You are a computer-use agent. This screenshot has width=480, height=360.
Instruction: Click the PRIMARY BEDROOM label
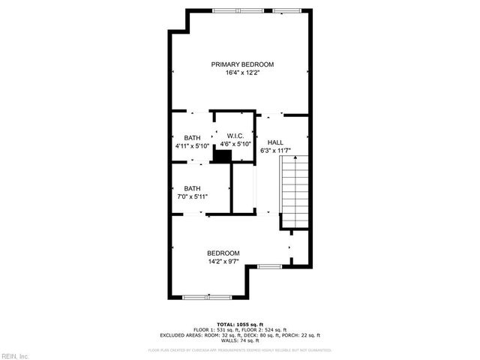241,64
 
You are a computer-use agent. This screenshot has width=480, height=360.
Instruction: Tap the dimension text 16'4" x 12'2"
241,73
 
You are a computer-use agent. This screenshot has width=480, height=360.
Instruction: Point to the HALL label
275,142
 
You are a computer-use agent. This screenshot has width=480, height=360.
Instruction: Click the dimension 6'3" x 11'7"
275,150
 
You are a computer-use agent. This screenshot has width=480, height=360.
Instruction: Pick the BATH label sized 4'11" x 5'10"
192,137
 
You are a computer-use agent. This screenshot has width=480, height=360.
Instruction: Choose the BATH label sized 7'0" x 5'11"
192,188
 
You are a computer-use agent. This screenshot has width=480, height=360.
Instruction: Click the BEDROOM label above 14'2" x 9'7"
223,253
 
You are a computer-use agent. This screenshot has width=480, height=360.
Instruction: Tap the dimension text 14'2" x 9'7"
223,262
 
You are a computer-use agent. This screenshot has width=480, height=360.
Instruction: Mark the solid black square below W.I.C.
222,155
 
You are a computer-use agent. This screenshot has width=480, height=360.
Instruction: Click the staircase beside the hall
295,191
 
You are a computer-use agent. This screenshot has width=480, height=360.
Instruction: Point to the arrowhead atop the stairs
295,158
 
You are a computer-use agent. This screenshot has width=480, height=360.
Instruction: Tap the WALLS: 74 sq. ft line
239,340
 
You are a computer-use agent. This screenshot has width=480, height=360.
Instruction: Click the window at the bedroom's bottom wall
205,298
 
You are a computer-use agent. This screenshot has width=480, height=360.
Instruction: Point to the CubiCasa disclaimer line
239,349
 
